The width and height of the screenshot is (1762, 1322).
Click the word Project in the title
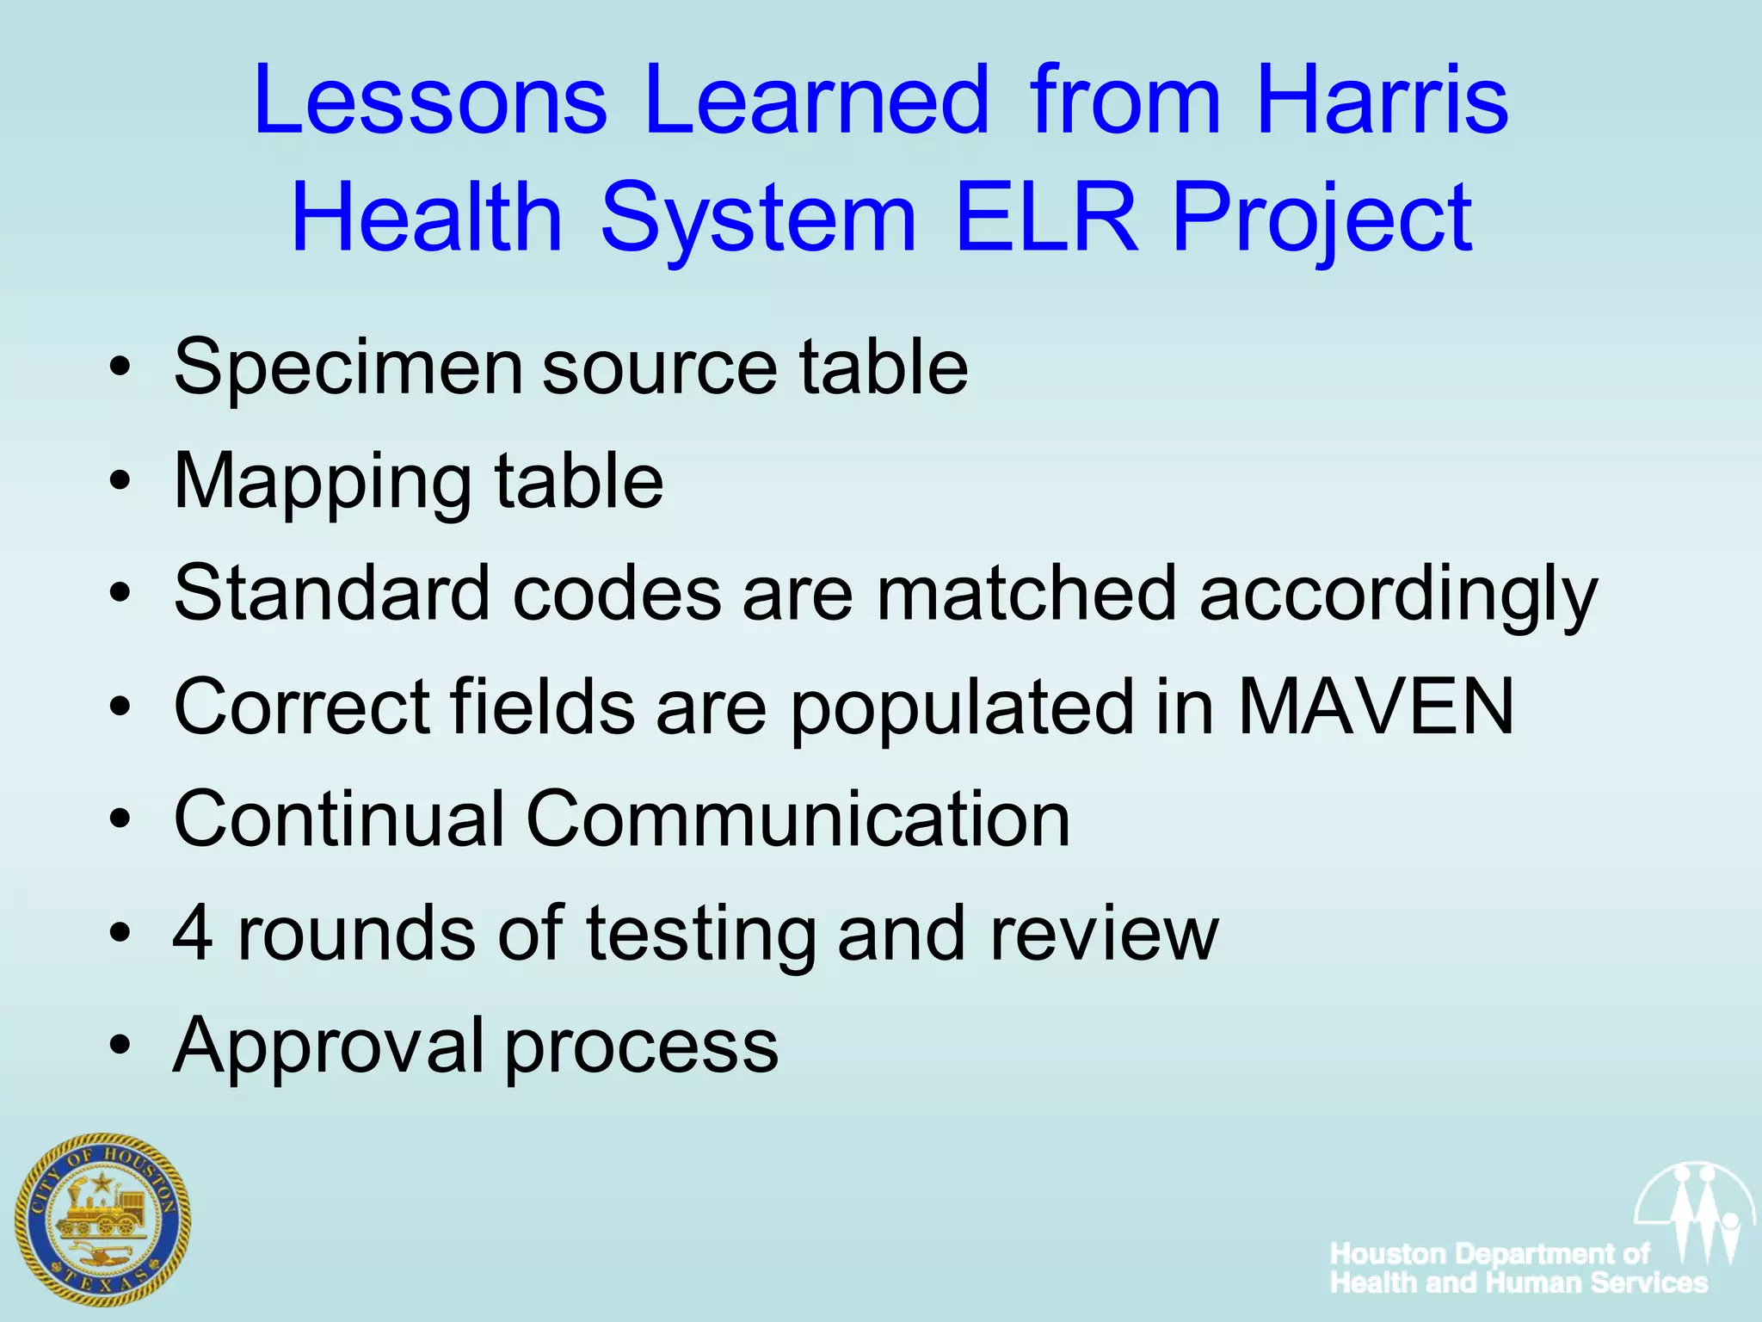(x=1321, y=219)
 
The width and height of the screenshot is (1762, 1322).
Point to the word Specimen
(x=348, y=368)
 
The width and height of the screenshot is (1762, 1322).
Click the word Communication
(x=798, y=819)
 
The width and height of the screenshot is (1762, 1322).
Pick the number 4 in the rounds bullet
(x=193, y=933)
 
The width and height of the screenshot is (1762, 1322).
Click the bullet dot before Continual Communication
(x=120, y=819)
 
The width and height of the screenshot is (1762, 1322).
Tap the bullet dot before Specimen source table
(x=120, y=368)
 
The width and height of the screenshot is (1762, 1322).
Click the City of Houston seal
(x=102, y=1220)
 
